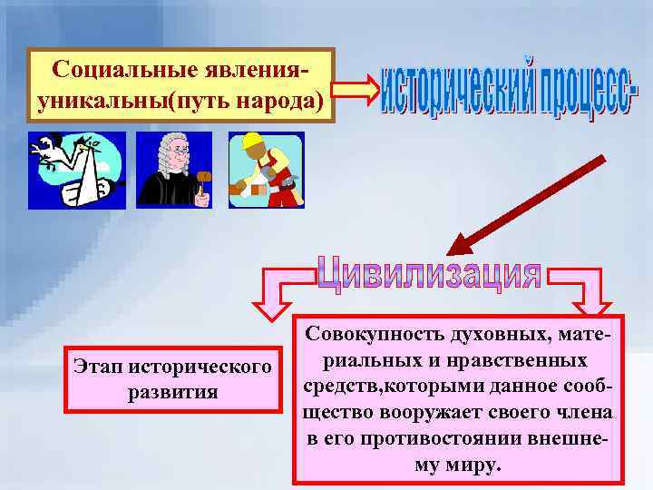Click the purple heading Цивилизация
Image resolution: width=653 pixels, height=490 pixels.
[x=430, y=273]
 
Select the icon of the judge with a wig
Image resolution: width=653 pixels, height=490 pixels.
[x=174, y=170]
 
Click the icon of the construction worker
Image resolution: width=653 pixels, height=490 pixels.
[x=265, y=170]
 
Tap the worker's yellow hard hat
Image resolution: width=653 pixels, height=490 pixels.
[x=249, y=142]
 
